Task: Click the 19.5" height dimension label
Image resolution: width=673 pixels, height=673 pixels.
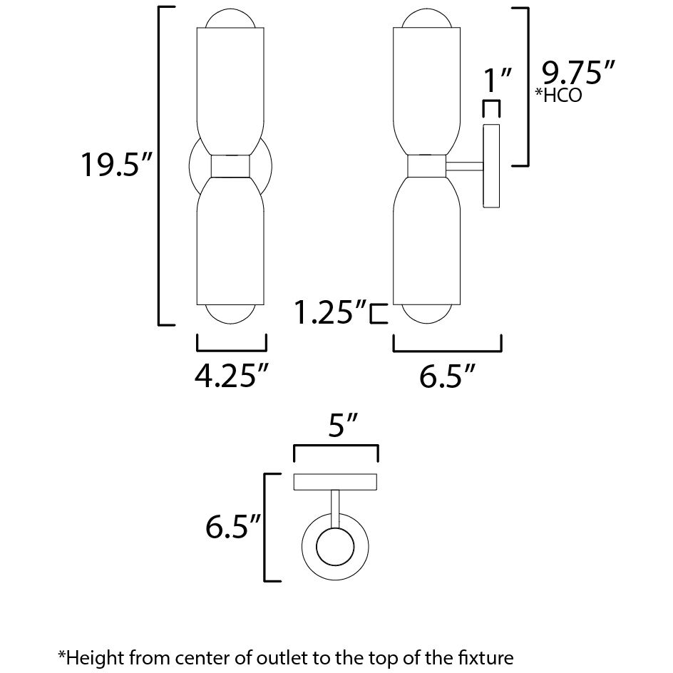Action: coord(116,164)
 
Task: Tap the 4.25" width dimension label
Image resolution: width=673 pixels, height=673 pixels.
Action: coord(231,376)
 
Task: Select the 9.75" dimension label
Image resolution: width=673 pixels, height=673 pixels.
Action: coord(578,73)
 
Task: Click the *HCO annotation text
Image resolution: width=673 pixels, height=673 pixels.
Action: coord(558,95)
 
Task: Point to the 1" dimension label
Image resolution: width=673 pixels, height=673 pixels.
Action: coord(498,80)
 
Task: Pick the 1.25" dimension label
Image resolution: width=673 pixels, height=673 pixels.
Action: coord(331,312)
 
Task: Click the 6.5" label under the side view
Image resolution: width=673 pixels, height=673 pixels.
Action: coord(446,376)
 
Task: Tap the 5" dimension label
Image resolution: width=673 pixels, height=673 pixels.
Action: coord(343,426)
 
